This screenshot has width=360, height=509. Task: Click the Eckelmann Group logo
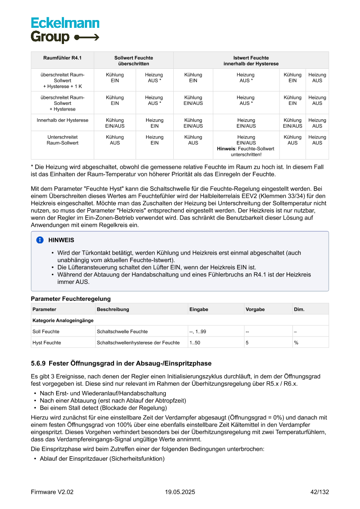click(x=65, y=30)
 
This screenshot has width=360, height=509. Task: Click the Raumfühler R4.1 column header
click(x=62, y=58)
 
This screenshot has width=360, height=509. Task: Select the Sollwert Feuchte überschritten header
click(x=134, y=61)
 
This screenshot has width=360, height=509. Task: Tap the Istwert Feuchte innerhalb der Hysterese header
click(x=251, y=61)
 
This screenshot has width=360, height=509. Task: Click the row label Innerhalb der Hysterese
click(x=62, y=120)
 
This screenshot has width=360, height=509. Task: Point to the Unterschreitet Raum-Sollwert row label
click(x=62, y=140)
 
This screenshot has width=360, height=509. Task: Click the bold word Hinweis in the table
click(x=225, y=148)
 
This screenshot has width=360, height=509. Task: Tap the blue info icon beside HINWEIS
click(x=40, y=240)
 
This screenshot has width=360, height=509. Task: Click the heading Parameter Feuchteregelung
click(x=71, y=299)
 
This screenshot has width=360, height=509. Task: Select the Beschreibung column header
click(x=113, y=309)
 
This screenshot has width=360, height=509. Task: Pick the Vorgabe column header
click(x=255, y=309)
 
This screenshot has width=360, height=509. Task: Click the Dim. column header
click(x=299, y=309)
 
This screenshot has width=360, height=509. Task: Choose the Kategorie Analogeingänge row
click(x=63, y=320)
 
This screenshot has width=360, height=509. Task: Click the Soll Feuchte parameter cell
click(x=46, y=331)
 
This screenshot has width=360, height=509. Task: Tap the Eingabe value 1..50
click(x=195, y=343)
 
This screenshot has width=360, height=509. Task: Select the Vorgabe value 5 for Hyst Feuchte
click(x=247, y=343)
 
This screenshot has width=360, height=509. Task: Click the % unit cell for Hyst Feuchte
click(x=296, y=343)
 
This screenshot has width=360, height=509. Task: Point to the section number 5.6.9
click(x=38, y=363)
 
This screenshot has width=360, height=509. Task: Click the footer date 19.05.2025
click(x=180, y=492)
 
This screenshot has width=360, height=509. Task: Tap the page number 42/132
click(x=320, y=492)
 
